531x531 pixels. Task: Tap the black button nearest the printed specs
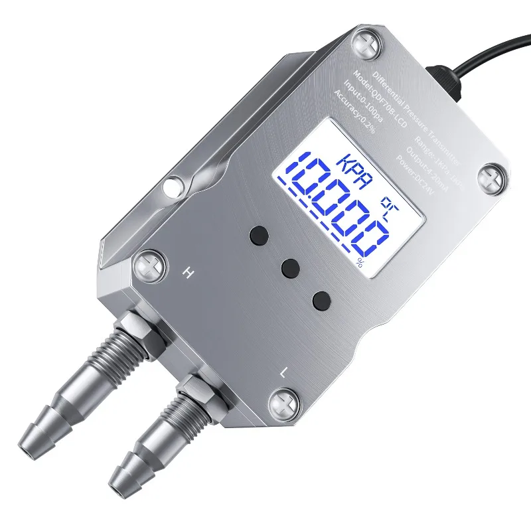pyautogui.click(x=260, y=235)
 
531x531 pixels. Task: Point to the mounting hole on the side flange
pyautogui.click(x=174, y=183)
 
